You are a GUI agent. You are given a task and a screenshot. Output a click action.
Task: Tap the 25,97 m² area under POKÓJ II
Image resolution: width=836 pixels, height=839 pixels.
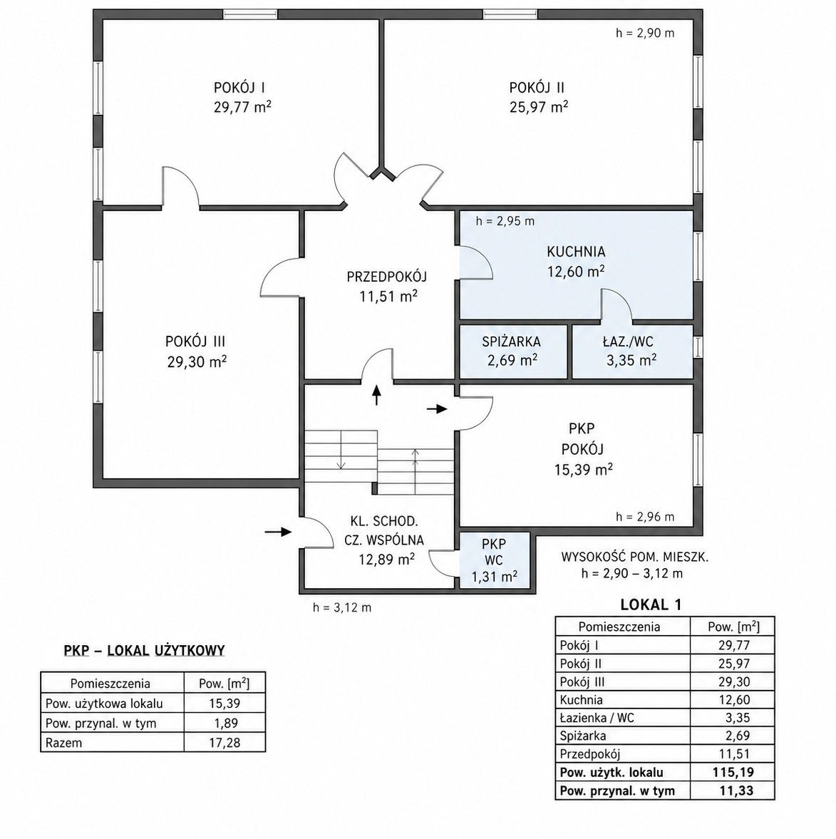pos(538,106)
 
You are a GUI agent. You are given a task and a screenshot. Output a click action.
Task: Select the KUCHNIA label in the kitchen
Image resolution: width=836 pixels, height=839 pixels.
pos(576,252)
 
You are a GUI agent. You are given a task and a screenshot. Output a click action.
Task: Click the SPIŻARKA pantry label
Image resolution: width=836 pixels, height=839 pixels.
pos(511,341)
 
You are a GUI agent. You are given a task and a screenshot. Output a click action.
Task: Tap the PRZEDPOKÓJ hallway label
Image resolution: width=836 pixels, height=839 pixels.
pos(387,277)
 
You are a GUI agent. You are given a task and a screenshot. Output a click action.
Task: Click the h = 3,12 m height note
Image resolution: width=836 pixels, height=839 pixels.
pos(342,607)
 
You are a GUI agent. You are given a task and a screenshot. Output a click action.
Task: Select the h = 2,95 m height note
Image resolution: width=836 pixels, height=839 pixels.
pos(505,221)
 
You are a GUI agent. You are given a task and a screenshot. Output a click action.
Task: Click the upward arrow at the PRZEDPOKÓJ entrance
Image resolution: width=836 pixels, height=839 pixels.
pos(376,394)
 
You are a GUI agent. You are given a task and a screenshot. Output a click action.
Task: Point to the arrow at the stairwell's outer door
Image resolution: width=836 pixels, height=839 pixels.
pos(278,532)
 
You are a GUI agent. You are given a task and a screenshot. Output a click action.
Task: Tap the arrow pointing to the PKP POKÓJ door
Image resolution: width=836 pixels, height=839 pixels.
pos(436,409)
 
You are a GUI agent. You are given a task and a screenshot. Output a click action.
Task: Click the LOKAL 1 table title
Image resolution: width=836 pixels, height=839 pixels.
pos(651,605)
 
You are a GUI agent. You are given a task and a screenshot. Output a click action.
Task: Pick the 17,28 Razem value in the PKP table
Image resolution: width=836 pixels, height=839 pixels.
pos(224,743)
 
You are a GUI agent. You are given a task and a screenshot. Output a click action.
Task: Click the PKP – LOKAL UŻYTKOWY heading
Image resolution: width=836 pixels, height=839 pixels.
pos(144,651)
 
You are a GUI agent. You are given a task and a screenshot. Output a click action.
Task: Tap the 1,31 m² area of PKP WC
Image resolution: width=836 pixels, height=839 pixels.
pos(494,576)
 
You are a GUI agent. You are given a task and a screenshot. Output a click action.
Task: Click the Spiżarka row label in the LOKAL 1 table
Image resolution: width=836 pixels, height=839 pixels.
pos(583,736)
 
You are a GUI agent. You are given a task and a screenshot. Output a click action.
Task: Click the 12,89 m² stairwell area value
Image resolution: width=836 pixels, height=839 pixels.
pos(387,559)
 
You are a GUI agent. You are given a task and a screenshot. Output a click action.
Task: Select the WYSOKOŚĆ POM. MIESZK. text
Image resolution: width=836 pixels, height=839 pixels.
pos(634,557)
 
